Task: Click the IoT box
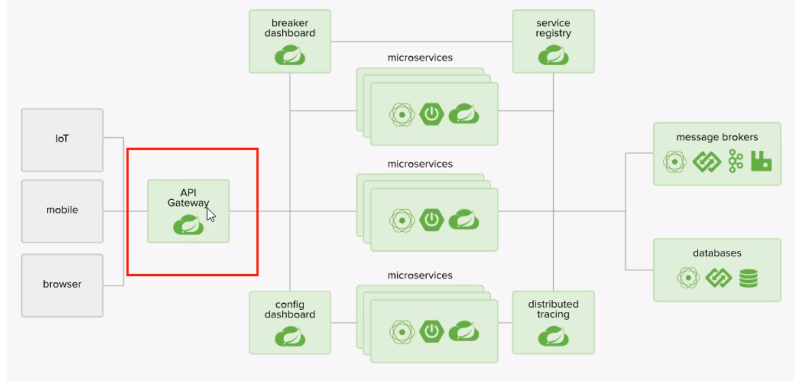62,140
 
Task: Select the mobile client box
62,211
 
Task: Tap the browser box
62,286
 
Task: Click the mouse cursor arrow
211,215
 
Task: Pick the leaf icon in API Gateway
188,225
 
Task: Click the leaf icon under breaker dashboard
290,55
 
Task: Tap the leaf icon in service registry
554,55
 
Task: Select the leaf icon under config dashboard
290,336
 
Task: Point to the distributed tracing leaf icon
554,336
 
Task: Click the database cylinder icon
748,278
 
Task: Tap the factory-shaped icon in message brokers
761,161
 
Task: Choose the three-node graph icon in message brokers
735,161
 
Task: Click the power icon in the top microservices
431,114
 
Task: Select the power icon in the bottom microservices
431,331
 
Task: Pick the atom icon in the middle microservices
402,220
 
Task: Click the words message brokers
717,137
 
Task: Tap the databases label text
717,253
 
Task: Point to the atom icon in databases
688,278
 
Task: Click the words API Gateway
188,198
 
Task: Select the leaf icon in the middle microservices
464,219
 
